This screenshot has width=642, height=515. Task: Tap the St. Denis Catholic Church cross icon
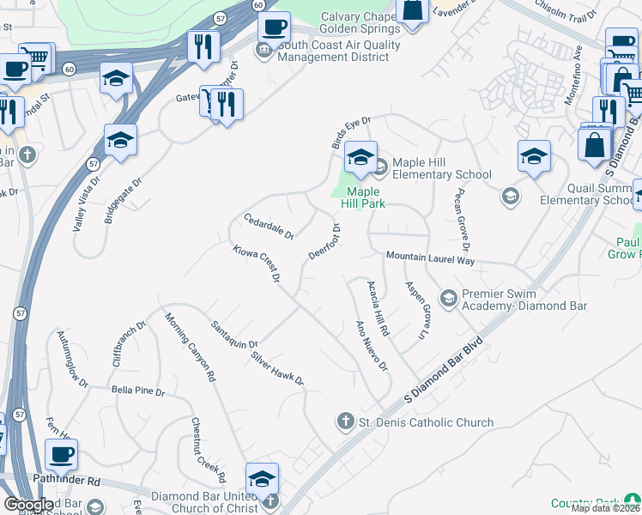(344, 421)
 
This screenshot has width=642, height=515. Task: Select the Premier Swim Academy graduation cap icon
(447, 299)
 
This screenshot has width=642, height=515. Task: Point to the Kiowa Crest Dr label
(257, 264)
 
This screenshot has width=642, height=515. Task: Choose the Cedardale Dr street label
(270, 226)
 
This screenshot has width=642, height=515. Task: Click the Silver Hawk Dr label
(277, 367)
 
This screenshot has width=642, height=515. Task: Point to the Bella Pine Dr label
(137, 391)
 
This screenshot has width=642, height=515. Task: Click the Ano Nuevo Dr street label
(372, 346)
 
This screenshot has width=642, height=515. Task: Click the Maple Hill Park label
(365, 197)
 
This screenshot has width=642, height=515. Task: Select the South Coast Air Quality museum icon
(263, 51)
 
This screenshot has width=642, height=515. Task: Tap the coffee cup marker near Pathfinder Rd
(61, 455)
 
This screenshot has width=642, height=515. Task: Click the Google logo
(28, 505)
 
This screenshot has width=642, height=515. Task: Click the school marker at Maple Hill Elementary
(361, 157)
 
